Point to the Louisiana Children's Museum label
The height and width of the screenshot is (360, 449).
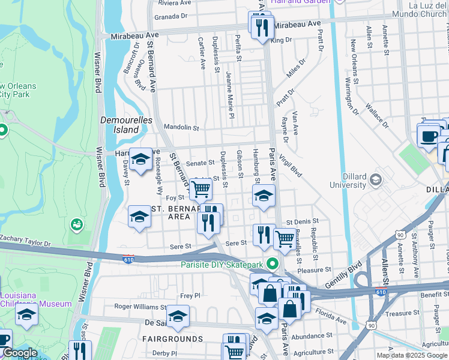(36, 299)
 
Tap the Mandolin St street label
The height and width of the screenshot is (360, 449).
(182, 127)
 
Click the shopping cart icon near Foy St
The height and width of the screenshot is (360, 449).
(201, 189)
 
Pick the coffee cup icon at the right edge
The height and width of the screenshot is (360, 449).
(429, 136)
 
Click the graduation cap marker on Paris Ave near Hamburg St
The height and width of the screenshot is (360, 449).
(263, 195)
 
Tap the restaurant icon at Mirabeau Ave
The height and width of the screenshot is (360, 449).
(262, 27)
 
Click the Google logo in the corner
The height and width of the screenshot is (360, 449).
(20, 353)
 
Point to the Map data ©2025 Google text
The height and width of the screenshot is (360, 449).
(411, 355)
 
